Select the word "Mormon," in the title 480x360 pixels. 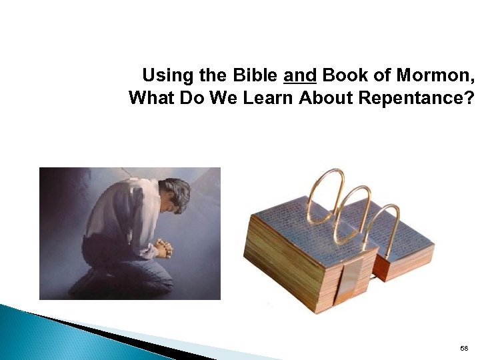(x=439, y=75)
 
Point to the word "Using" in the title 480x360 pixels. (x=165, y=75)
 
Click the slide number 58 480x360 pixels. (x=464, y=349)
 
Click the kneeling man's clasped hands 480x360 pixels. (x=162, y=248)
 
